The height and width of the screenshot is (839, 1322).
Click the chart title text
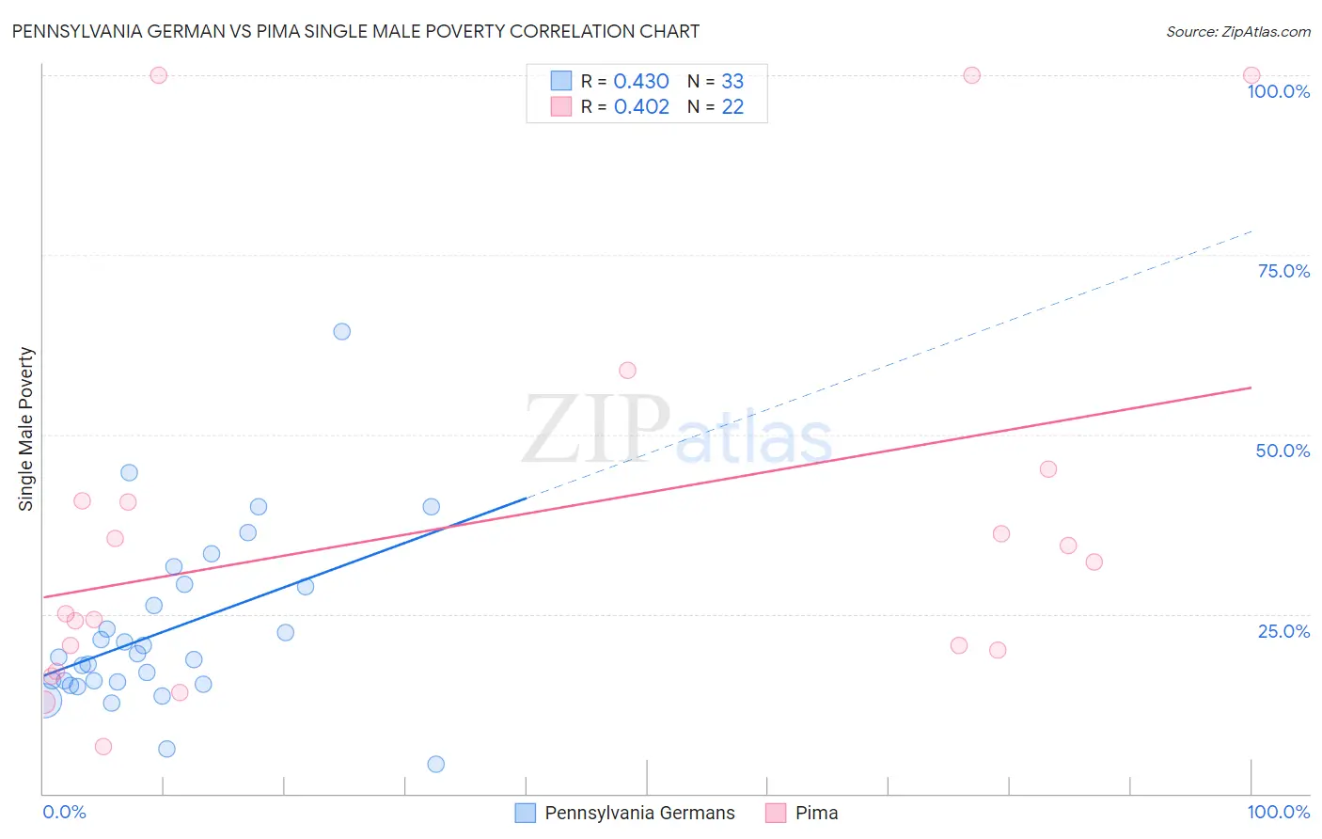pyautogui.click(x=355, y=31)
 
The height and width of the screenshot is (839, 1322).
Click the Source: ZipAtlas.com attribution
pyautogui.click(x=1237, y=32)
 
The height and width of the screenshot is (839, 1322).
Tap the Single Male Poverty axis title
pyautogui.click(x=26, y=429)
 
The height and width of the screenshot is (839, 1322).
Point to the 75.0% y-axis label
pyautogui.click(x=1283, y=271)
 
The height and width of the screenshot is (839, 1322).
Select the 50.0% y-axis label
pyautogui.click(x=1283, y=451)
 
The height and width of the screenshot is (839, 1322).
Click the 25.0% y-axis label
pyautogui.click(x=1283, y=631)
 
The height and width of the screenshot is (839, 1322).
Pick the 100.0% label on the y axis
pyautogui.click(x=1278, y=91)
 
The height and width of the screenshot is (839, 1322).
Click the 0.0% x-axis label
pyautogui.click(x=64, y=812)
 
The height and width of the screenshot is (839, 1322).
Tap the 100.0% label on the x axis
pyautogui.click(x=1278, y=812)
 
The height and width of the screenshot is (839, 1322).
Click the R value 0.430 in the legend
pyautogui.click(x=641, y=82)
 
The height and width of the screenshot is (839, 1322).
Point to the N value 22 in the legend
pyautogui.click(x=732, y=107)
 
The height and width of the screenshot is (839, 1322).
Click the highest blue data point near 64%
pyautogui.click(x=342, y=331)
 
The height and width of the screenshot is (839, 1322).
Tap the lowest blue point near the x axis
pyautogui.click(x=436, y=764)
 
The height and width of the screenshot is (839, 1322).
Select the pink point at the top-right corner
pyautogui.click(x=1251, y=75)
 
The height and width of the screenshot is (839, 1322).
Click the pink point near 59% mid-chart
pyautogui.click(x=627, y=371)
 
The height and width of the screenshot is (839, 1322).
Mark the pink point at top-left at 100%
pyautogui.click(x=159, y=75)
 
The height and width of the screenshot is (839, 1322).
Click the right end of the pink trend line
pyautogui.click(x=1251, y=388)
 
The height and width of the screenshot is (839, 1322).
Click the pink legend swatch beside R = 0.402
pyautogui.click(x=561, y=106)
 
